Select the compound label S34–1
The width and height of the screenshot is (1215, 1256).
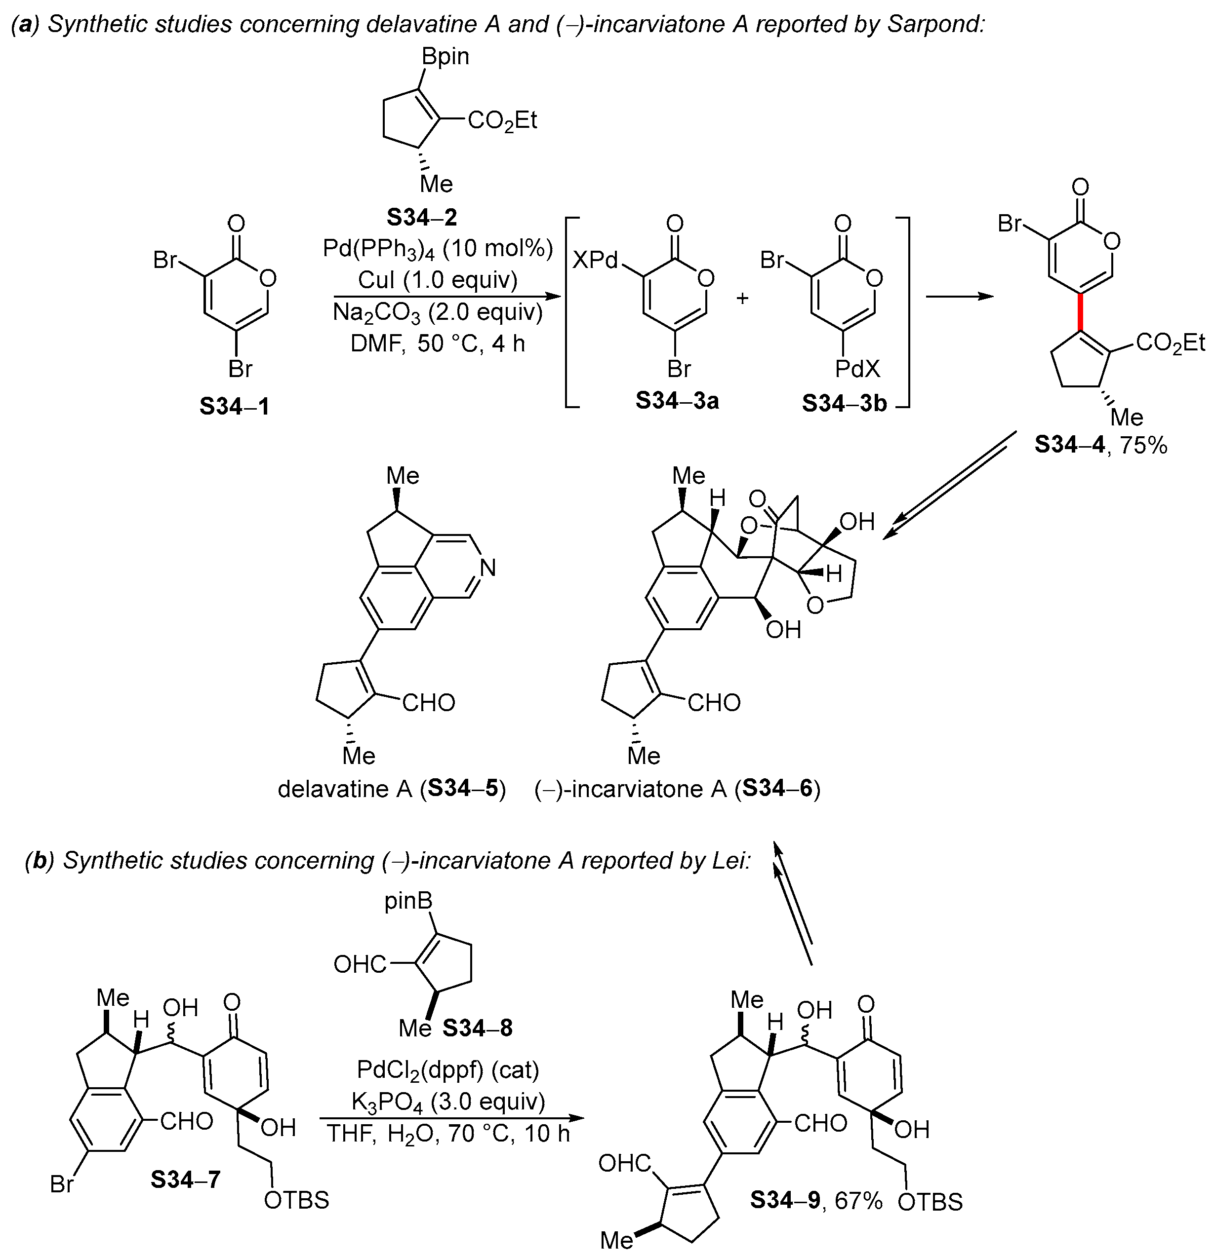[234, 406]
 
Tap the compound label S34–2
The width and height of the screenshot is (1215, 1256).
[421, 217]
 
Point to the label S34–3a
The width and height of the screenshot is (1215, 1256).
[677, 401]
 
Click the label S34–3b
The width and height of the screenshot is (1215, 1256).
[844, 403]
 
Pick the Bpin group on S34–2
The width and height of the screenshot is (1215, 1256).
[445, 56]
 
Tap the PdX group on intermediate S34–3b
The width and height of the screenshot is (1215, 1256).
[857, 369]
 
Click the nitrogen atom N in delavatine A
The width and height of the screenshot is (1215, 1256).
[488, 567]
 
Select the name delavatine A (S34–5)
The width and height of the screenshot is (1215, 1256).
[391, 789]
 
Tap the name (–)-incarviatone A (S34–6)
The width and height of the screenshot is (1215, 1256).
[677, 789]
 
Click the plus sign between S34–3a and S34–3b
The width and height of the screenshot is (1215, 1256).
[742, 298]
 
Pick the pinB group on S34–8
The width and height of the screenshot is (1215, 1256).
[408, 901]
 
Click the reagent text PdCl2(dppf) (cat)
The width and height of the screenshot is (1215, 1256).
[447, 1069]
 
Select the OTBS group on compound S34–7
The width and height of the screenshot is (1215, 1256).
[296, 1200]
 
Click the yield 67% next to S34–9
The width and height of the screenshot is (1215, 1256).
[858, 1200]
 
